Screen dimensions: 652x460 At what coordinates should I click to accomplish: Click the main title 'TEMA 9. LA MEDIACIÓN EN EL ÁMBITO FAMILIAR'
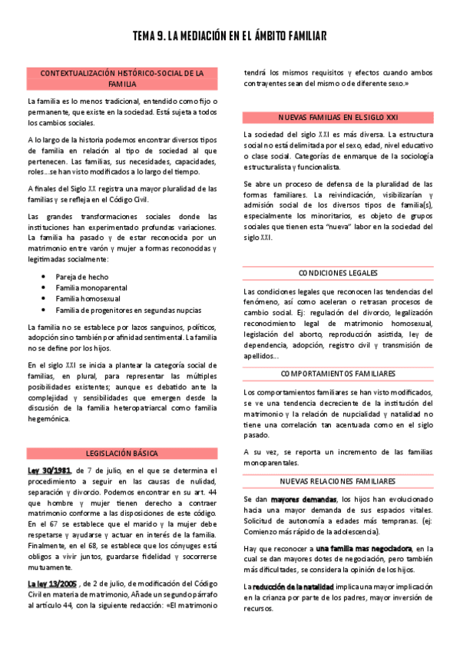click(x=230, y=36)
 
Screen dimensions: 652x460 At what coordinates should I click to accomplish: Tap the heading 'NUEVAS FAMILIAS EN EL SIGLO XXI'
click(x=336, y=118)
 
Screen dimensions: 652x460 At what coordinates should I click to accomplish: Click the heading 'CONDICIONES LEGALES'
click(x=337, y=274)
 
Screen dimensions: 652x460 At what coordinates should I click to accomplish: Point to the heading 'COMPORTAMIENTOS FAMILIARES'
click(x=337, y=374)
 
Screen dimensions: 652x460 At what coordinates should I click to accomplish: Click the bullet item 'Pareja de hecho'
click(x=81, y=275)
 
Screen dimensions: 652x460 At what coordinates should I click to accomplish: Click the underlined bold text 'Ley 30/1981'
click(x=49, y=470)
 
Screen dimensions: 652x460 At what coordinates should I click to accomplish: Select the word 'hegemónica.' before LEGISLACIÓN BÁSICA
click(x=48, y=419)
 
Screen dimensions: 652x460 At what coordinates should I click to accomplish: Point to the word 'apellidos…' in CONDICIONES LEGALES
click(x=261, y=355)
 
